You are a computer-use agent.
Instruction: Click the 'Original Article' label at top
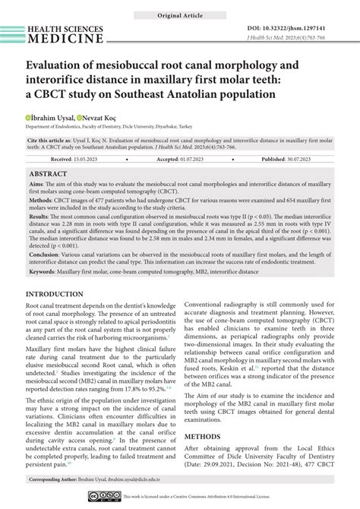click(x=180, y=14)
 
